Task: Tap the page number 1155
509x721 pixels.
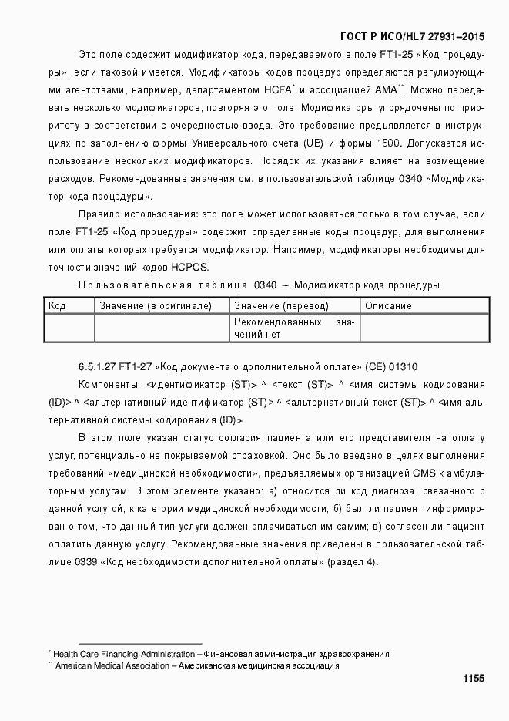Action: [473, 679]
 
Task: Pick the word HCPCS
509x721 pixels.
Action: [189, 268]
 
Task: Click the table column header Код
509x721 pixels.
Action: [57, 305]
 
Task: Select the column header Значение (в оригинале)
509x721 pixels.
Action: [156, 305]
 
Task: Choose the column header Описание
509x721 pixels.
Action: [388, 305]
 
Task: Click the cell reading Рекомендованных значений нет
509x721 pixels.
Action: [294, 328]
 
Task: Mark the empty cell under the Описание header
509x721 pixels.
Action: [425, 328]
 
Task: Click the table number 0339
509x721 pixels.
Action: [86, 562]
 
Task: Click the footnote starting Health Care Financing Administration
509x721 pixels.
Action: [220, 654]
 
